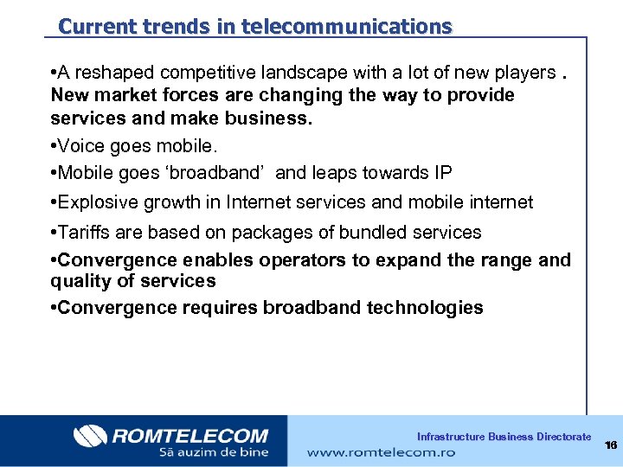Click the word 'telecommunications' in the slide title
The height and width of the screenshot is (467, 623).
(347, 27)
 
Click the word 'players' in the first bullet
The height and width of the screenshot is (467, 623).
(523, 73)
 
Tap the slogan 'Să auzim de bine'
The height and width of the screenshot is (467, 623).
(213, 451)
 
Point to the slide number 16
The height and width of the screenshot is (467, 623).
(611, 445)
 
